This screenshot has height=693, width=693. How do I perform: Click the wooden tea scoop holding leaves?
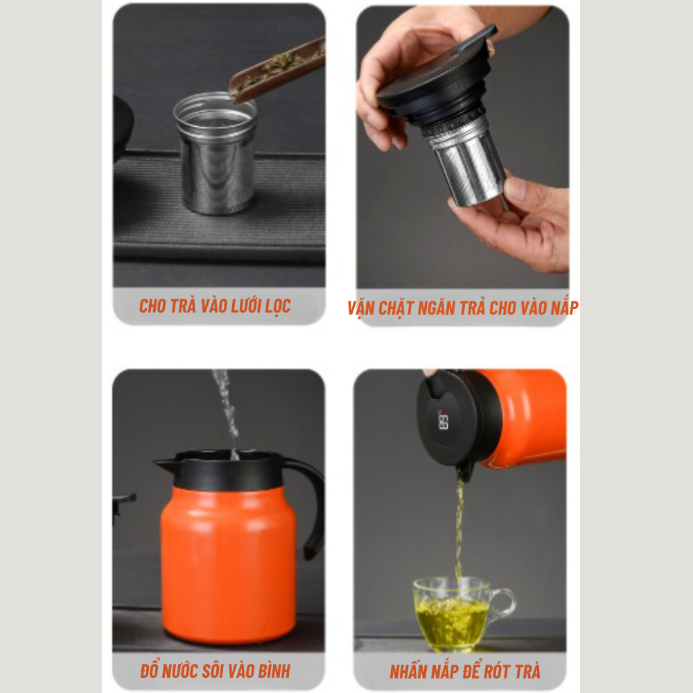tap(277, 71)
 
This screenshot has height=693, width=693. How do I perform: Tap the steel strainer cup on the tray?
tap(216, 153)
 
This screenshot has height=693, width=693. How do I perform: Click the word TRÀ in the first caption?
tap(182, 306)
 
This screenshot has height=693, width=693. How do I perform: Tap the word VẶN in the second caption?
tap(360, 308)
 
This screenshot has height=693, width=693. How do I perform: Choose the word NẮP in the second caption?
tap(564, 308)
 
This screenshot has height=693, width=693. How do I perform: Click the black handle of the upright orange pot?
tap(311, 503)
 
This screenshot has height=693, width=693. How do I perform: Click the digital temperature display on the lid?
tap(444, 419)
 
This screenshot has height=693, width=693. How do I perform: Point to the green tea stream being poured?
tap(459, 526)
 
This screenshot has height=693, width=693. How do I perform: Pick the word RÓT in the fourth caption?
tap(496, 672)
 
